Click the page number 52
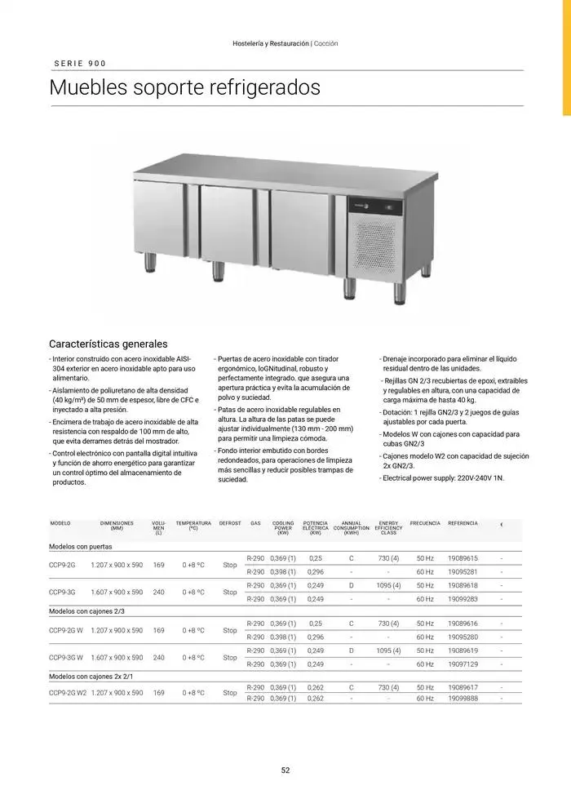[285, 770]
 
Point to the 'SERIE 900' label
[80, 64]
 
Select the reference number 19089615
[463, 558]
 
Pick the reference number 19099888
[463, 699]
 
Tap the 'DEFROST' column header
[230, 523]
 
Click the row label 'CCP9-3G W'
[66, 657]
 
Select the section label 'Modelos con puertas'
[81, 546]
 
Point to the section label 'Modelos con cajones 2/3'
[86, 610]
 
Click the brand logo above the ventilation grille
[365, 205]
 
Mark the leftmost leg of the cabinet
[152, 261]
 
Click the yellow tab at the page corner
[565, 56]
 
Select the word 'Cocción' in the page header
[325, 43]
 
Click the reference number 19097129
[463, 666]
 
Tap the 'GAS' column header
[255, 523]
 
